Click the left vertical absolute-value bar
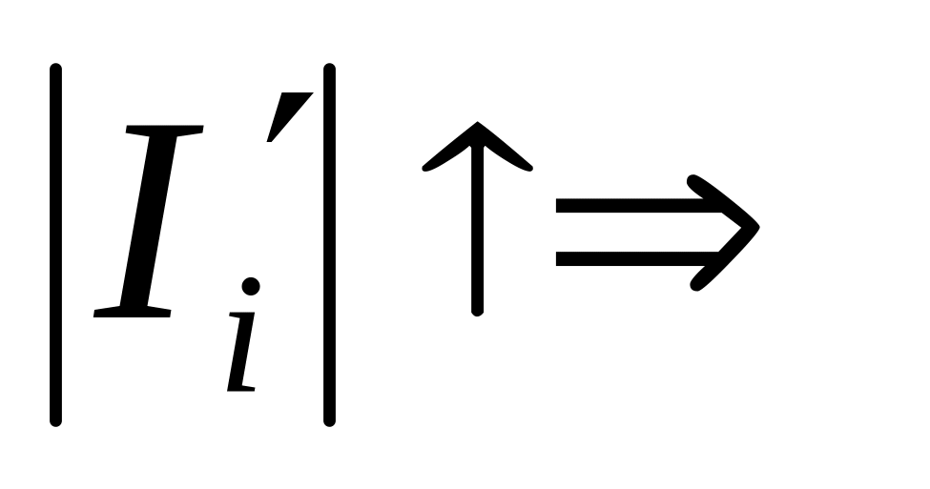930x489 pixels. click(56, 244)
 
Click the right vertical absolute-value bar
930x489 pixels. click(329, 244)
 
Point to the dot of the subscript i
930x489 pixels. click(251, 286)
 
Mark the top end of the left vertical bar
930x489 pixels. click(56, 69)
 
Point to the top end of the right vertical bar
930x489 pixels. click(329, 69)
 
